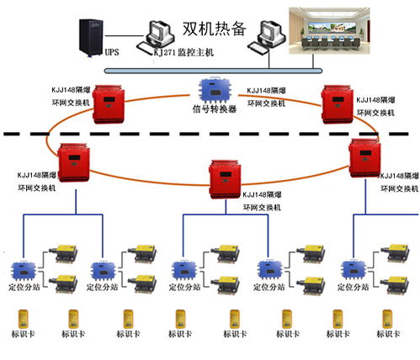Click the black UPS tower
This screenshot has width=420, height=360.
[90, 33]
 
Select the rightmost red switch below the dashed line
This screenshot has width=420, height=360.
[366, 157]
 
